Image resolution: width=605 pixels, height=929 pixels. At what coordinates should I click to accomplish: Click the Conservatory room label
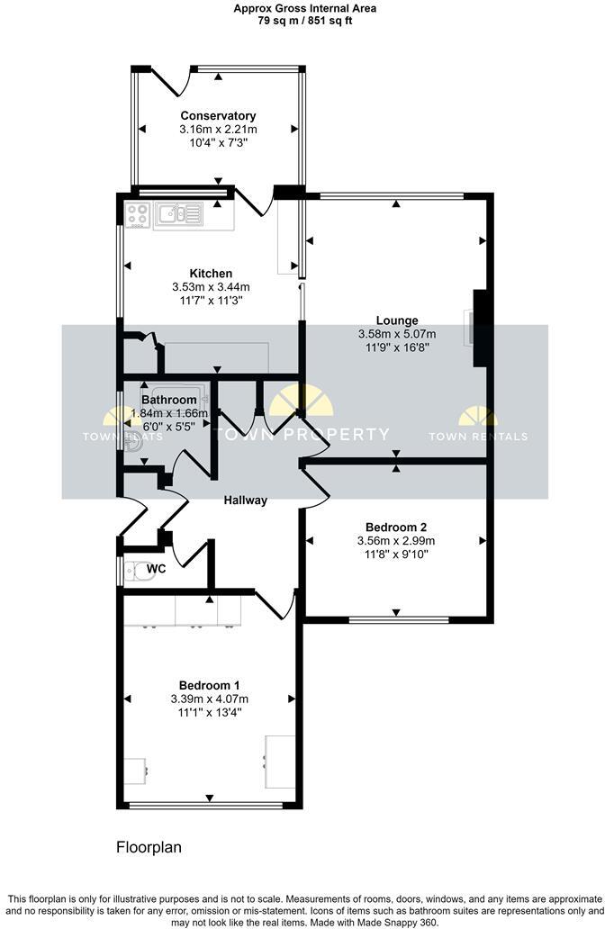pyautogui.click(x=218, y=116)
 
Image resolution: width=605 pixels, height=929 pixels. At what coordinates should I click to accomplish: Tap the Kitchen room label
pyautogui.click(x=211, y=274)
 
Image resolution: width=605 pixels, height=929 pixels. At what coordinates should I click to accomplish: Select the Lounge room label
pyautogui.click(x=397, y=320)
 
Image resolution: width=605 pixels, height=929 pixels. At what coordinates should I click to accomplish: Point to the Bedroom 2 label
pyautogui.click(x=396, y=528)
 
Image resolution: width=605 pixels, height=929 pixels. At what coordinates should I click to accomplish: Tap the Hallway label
pyautogui.click(x=246, y=501)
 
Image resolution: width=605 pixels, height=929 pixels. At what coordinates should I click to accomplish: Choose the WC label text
pyautogui.click(x=157, y=570)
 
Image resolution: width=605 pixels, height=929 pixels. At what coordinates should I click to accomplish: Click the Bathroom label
pyautogui.click(x=169, y=400)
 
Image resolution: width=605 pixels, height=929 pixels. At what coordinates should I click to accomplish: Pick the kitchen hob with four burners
pyautogui.click(x=138, y=214)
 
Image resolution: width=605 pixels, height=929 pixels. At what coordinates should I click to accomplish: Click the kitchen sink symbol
pyautogui.click(x=178, y=214)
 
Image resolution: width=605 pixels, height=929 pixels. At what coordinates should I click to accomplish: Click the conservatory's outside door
pyautogui.click(x=171, y=82)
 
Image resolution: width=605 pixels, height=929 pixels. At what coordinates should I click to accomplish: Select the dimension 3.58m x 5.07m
pyautogui.click(x=397, y=334)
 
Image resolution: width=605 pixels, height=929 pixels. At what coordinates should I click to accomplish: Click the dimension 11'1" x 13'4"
pyautogui.click(x=209, y=712)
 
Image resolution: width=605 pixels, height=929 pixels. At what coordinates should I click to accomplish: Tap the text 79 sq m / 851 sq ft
pyautogui.click(x=302, y=21)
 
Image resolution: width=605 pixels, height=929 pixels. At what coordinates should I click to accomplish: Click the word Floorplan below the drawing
pyautogui.click(x=149, y=847)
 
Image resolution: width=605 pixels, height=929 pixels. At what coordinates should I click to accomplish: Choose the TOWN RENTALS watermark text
pyautogui.click(x=478, y=437)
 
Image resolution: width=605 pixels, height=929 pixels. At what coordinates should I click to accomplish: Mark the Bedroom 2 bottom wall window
pyautogui.click(x=398, y=619)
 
